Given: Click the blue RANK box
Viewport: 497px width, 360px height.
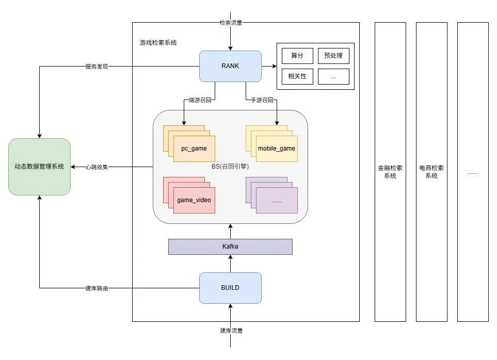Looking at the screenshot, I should [230, 66].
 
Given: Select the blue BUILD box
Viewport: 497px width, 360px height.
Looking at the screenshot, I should [230, 288].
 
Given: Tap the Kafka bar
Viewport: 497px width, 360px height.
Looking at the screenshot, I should [230, 247].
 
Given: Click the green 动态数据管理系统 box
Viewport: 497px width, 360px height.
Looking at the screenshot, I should [39, 167].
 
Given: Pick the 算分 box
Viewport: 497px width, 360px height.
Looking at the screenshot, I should [297, 56].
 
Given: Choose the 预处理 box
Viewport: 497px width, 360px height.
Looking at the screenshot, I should [333, 56].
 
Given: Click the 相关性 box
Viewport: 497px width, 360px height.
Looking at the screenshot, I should [297, 76].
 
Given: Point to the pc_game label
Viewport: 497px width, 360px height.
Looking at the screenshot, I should [194, 149].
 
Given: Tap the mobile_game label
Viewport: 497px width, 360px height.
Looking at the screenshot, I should [277, 149].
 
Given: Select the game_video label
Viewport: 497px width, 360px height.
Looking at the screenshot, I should [194, 200].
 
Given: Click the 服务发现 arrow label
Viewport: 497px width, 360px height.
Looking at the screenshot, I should [97, 67].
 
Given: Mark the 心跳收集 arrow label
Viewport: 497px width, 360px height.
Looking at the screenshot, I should [97, 167].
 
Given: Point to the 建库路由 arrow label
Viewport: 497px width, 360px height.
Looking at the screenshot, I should [97, 288].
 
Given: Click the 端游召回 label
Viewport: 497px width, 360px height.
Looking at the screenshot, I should [199, 100].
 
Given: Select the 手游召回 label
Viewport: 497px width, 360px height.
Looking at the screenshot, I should [262, 100].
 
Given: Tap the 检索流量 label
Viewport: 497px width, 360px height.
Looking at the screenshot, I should [231, 23].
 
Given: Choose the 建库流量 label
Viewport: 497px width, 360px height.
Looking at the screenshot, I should [231, 331].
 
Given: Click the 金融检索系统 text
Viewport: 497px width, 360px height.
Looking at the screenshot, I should [390, 172].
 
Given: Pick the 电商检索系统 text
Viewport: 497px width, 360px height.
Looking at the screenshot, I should [431, 172].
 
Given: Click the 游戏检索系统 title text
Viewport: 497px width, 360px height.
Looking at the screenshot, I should [158, 43].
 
